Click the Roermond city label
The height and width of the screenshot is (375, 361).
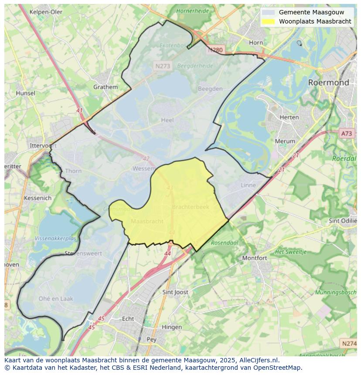point(328,82)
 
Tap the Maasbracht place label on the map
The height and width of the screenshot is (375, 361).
point(147,221)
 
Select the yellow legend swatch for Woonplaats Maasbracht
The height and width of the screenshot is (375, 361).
point(269,21)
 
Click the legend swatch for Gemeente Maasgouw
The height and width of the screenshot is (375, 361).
point(269,12)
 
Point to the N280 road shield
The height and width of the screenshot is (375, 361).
point(215,50)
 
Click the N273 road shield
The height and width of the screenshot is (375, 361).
point(163,66)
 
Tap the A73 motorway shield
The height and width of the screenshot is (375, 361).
point(347,134)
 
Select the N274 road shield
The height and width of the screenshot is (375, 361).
point(349,344)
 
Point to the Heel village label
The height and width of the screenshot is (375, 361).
point(167,120)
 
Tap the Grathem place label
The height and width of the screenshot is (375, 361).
point(106,87)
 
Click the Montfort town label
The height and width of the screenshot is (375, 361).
point(255,258)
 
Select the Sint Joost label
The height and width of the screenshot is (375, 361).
point(175,292)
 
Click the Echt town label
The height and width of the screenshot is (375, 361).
point(128,318)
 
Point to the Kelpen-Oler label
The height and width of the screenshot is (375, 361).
point(46,12)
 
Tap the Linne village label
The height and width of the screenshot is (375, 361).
point(249,185)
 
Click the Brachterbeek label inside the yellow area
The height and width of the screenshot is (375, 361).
point(191,207)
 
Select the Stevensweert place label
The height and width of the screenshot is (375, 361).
point(83,253)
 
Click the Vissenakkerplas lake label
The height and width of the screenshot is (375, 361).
point(55,239)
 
